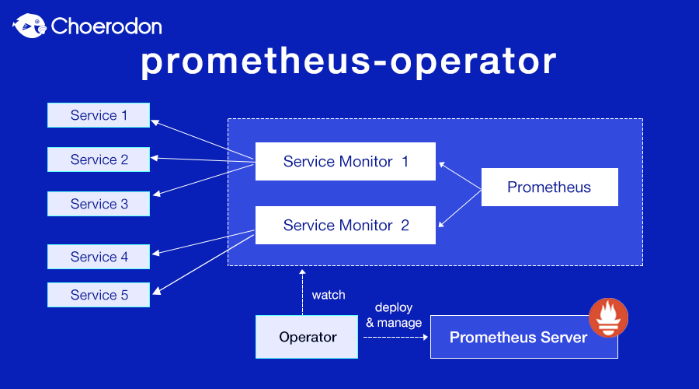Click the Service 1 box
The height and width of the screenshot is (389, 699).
click(x=99, y=115)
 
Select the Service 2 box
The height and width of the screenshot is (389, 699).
click(x=99, y=159)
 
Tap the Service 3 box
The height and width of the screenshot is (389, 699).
click(x=99, y=204)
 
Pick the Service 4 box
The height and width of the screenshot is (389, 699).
click(x=99, y=257)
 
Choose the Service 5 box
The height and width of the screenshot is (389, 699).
click(x=99, y=295)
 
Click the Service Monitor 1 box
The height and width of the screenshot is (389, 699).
click(x=346, y=162)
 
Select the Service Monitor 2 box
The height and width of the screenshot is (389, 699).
click(x=346, y=226)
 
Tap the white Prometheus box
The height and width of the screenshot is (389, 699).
click(x=549, y=187)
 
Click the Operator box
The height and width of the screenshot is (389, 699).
click(x=307, y=337)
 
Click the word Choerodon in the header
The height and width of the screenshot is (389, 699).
click(x=106, y=26)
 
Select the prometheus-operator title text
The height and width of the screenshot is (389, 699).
click(x=349, y=62)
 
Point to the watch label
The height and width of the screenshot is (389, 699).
click(x=328, y=296)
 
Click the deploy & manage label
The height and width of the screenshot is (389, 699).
click(x=394, y=315)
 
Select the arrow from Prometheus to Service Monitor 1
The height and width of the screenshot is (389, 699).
click(x=460, y=174)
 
